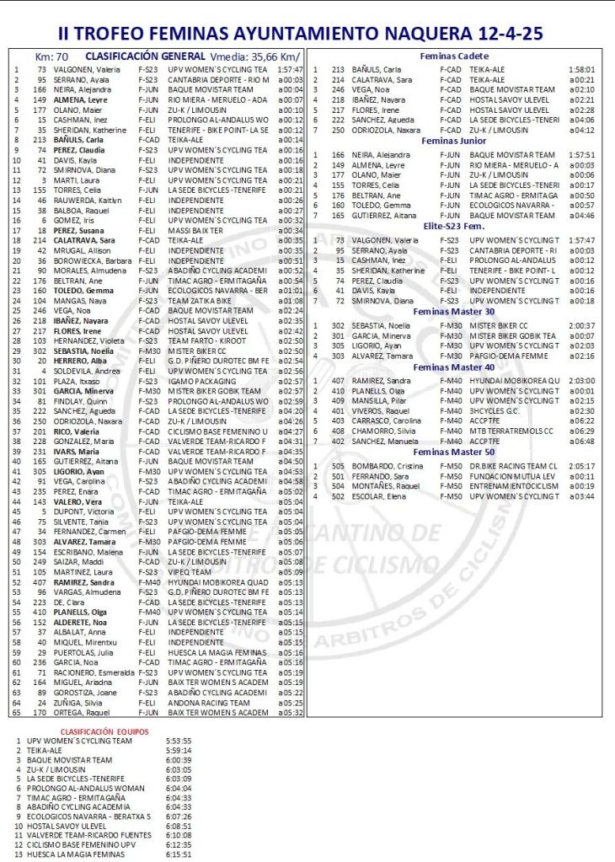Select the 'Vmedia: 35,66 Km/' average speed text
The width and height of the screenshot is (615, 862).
pos(254,56)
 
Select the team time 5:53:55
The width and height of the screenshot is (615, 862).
pos(178,742)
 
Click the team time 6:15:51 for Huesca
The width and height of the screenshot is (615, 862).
pos(178,854)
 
